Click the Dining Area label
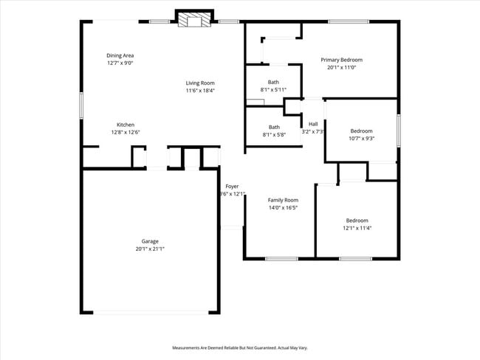[x=120, y=55]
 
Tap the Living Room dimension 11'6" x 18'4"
[x=199, y=91]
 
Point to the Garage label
[x=150, y=241]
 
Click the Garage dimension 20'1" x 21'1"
[x=150, y=249]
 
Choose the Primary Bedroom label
[x=341, y=60]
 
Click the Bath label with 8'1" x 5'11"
[x=273, y=82]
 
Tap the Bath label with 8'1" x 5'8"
[x=274, y=127]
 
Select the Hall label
[x=313, y=124]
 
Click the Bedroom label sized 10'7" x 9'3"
[x=362, y=131]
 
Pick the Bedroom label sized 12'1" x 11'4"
[x=357, y=221]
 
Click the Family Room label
[x=283, y=200]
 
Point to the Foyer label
[x=232, y=187]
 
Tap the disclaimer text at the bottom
[x=240, y=347]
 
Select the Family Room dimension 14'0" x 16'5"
[x=283, y=208]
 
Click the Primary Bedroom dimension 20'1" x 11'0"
[x=341, y=67]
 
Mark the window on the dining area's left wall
[x=81, y=103]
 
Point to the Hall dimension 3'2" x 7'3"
[x=313, y=131]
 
